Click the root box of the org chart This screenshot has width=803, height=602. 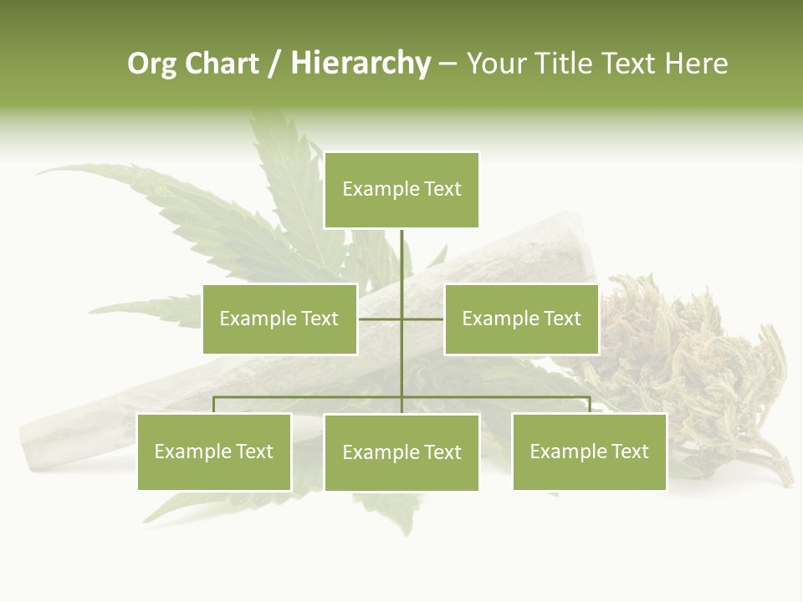(x=401, y=190)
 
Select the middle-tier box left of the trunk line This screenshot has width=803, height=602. (x=279, y=319)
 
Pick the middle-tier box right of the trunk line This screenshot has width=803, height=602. (x=521, y=319)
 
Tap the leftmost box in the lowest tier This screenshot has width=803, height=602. (x=213, y=452)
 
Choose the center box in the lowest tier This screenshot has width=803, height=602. (x=401, y=452)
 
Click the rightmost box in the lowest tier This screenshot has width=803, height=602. (x=589, y=452)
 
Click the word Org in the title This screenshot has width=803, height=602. (x=151, y=64)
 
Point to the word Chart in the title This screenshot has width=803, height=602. (x=221, y=64)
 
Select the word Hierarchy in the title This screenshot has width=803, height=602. (x=361, y=64)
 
